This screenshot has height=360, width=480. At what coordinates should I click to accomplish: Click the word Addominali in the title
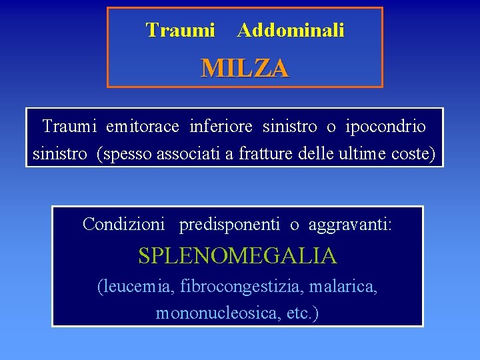point(291,31)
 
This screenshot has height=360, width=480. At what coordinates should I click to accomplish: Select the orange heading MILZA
point(245,68)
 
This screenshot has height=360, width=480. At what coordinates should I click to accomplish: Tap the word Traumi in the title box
point(180,31)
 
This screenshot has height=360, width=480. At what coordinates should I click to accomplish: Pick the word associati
point(189,154)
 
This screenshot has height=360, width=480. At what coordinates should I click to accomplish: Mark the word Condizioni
point(123,225)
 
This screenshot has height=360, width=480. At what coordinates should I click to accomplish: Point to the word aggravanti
point(349,225)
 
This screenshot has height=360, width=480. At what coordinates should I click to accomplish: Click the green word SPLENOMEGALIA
point(237,255)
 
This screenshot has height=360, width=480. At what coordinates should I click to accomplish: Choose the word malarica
point(347,287)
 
